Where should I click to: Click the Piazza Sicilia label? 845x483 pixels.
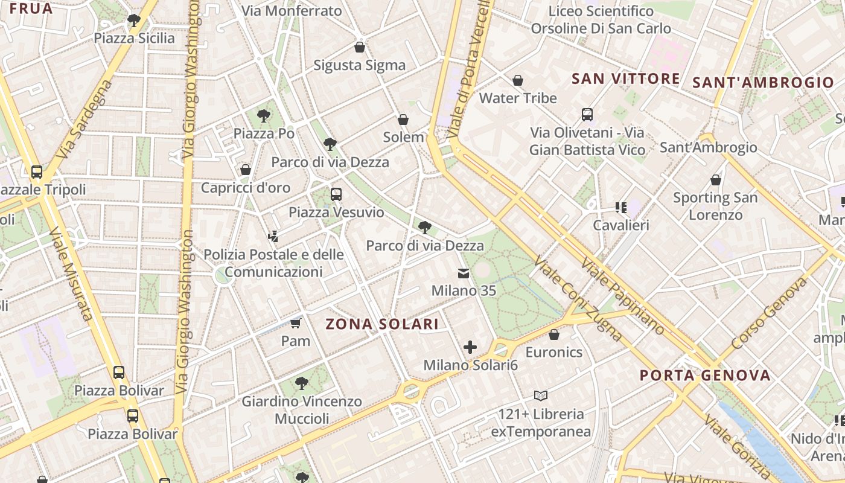134,38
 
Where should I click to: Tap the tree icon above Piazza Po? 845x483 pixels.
263,115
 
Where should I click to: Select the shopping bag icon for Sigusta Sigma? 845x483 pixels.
360,47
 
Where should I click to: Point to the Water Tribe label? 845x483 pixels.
518,98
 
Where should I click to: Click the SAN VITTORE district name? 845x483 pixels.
625,79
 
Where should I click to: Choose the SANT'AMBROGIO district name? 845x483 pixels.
763,83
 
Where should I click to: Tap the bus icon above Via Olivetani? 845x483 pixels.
587,115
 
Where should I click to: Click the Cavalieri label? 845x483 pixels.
621,225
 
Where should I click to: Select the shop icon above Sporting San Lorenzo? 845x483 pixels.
715,180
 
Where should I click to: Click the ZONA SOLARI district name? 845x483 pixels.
382,324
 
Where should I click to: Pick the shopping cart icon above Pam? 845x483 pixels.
295,323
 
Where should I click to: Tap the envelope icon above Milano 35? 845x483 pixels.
464,273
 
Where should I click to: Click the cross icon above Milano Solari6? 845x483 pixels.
470,347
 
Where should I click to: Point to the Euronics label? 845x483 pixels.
554,352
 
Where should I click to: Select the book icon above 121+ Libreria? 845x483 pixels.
541,396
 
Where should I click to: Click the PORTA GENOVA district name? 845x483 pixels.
705,376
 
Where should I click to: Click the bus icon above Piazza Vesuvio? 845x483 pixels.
336,194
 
